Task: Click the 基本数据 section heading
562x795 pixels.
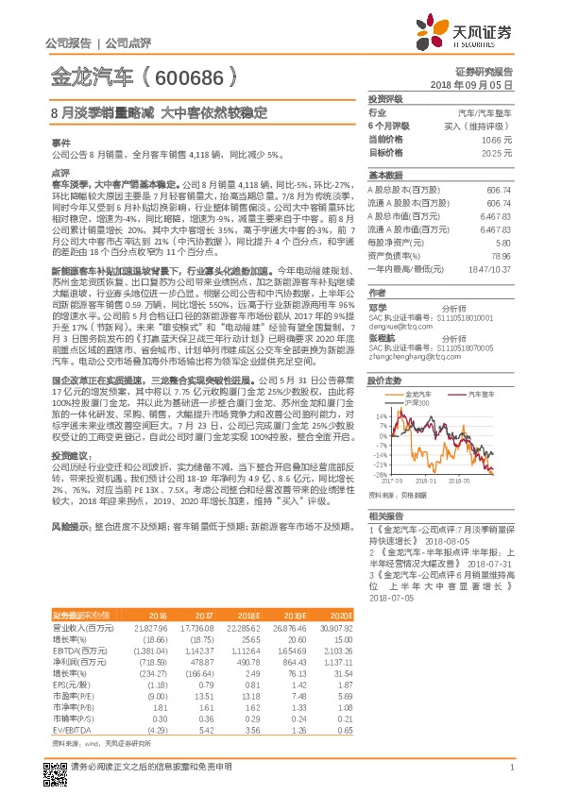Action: click(x=384, y=175)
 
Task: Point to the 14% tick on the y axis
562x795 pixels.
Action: click(x=381, y=415)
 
